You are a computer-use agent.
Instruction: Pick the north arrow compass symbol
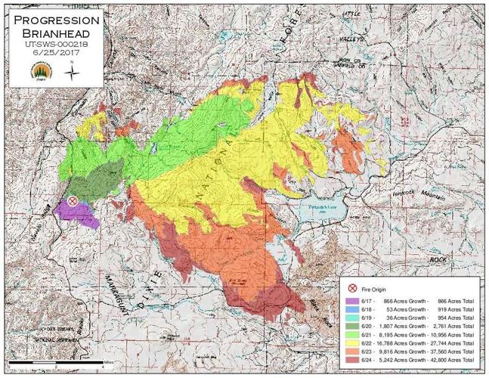click(x=71, y=72)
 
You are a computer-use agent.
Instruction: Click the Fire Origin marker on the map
click(x=73, y=201)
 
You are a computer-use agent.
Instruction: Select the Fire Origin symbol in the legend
click(x=353, y=289)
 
